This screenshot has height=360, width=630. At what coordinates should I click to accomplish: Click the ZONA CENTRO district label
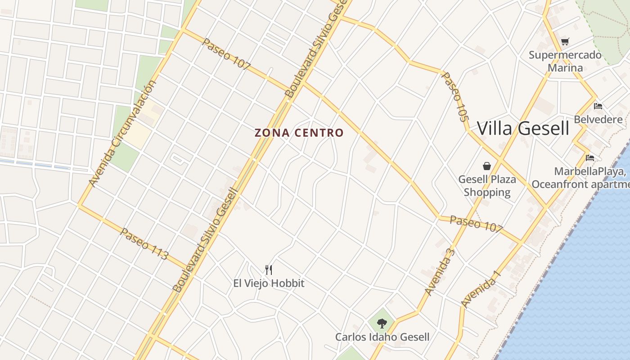coord(299,133)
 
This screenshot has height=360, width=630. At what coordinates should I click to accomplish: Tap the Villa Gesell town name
coord(523,128)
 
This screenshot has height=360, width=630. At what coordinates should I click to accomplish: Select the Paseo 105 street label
coord(454,97)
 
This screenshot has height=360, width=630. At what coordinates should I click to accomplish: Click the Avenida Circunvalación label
coord(123,134)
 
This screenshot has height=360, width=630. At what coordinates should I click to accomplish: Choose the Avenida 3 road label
coord(440,271)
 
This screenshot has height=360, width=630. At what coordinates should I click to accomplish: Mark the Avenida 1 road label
coord(481,289)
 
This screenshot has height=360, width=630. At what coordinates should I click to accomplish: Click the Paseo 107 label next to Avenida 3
coord(476,224)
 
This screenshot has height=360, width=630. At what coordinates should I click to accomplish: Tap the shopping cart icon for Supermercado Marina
coord(565,42)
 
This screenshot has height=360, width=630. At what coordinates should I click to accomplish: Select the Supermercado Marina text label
coord(565,62)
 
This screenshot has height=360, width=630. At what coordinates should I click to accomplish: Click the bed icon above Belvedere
coord(598,106)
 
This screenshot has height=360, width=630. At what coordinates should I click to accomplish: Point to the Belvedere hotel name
coord(598,120)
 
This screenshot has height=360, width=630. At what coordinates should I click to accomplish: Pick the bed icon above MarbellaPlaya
coord(590,158)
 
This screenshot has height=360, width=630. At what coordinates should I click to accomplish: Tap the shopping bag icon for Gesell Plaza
coord(486,166)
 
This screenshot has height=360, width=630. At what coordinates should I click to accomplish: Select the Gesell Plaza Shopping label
coord(487,186)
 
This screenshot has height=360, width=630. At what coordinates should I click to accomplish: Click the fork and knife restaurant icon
coord(269,270)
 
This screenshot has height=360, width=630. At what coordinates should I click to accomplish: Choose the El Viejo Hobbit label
coord(269,283)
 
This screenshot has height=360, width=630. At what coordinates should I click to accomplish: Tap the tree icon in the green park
coord(382,323)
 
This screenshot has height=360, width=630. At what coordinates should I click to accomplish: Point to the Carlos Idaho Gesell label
coord(382,337)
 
